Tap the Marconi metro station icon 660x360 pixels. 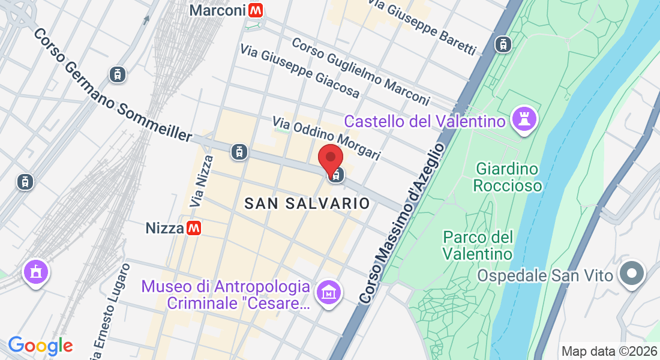click(x=257, y=10)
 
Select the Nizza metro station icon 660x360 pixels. click(x=193, y=228)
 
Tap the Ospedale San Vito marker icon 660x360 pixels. click(x=632, y=275)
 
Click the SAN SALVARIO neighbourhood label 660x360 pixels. click(x=307, y=204)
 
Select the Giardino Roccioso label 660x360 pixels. click(x=507, y=177)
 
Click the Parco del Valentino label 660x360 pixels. click(x=478, y=245)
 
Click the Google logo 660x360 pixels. click(x=40, y=346)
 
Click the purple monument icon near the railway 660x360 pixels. click(x=35, y=272)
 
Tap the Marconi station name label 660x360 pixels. click(x=217, y=10)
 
